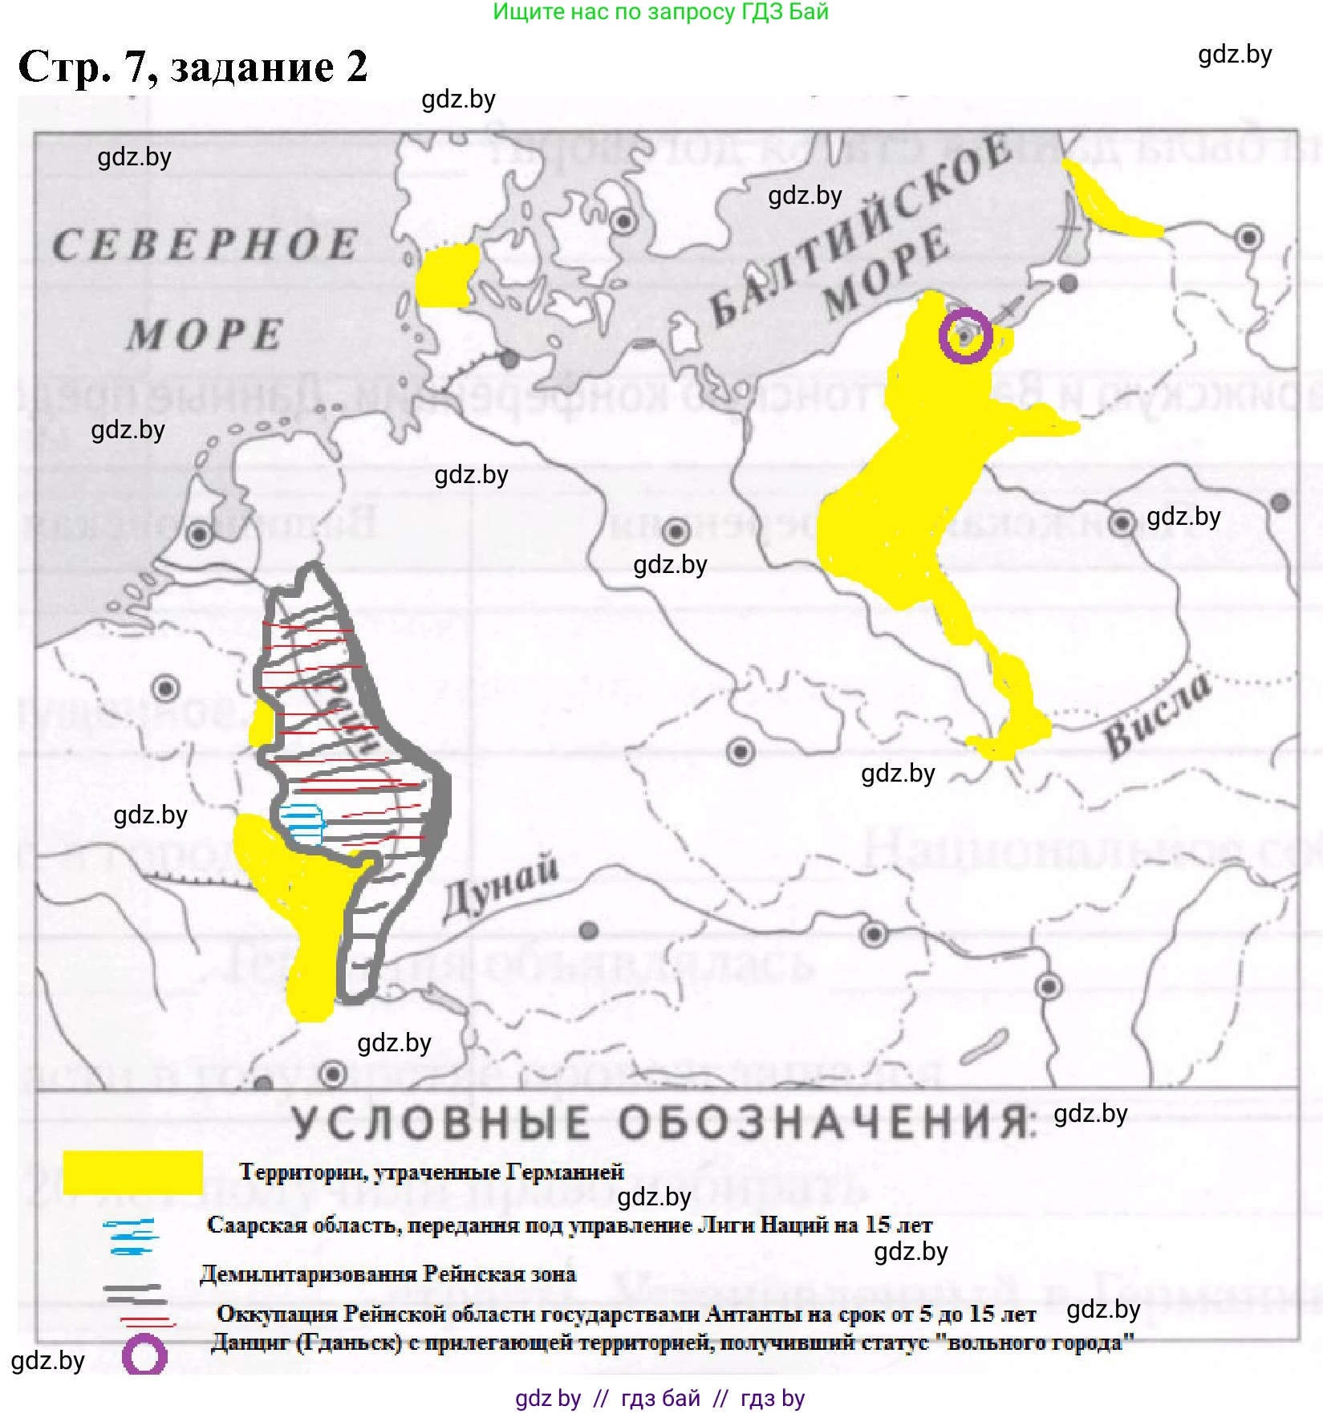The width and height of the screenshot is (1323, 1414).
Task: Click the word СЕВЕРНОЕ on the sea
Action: pyautogui.click(x=205, y=245)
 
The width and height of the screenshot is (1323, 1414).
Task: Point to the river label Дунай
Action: pyautogui.click(x=501, y=888)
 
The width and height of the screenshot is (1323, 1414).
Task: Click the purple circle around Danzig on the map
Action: pyautogui.click(x=965, y=335)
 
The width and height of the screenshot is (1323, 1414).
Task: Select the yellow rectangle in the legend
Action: pyautogui.click(x=132, y=1172)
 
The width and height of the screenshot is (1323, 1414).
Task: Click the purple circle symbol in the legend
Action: pyautogui.click(x=144, y=1356)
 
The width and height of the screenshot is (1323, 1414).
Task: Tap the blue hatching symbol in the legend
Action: pyautogui.click(x=131, y=1236)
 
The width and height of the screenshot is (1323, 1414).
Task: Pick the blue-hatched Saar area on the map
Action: pyautogui.click(x=302, y=823)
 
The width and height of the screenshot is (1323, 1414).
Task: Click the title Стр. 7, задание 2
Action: pyautogui.click(x=193, y=66)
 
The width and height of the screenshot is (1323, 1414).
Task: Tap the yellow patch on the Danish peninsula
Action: pyautogui.click(x=444, y=276)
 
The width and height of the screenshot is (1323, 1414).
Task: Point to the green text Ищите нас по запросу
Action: pyautogui.click(x=659, y=12)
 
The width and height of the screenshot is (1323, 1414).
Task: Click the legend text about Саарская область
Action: pyautogui.click(x=569, y=1225)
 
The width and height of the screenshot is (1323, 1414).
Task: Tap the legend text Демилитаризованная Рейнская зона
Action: pyautogui.click(x=388, y=1274)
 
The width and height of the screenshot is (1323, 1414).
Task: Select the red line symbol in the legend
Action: pyautogui.click(x=148, y=1320)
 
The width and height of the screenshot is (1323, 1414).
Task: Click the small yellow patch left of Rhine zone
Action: pyautogui.click(x=261, y=725)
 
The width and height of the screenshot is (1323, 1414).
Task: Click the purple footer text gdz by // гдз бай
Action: pyautogui.click(x=659, y=1398)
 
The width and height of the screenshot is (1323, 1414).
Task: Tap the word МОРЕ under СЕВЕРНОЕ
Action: pyautogui.click(x=205, y=335)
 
